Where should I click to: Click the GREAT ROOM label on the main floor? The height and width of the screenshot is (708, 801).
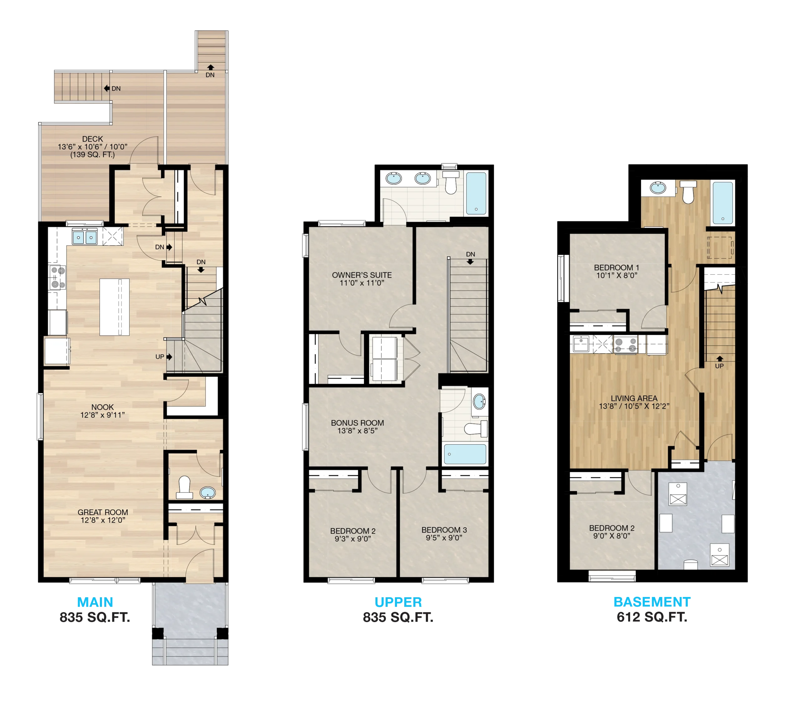[x=103, y=512]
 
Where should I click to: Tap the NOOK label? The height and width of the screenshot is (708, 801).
[x=103, y=407]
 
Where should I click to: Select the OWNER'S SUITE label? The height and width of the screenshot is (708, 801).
[x=362, y=275]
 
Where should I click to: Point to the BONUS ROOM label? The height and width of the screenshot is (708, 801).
[x=357, y=423]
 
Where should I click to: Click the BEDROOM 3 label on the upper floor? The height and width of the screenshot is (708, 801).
[x=444, y=530]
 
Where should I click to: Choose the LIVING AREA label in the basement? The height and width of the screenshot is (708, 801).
[x=634, y=398]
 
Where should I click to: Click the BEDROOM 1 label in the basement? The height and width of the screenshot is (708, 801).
[x=616, y=267]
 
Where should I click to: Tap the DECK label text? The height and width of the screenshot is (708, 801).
[x=93, y=139]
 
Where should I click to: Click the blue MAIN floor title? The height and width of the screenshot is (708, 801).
[x=95, y=602]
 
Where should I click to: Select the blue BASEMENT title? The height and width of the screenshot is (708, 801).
[x=652, y=602]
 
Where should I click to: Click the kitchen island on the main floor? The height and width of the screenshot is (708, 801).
[x=115, y=307]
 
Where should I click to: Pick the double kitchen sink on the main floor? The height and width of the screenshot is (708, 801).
[x=85, y=237]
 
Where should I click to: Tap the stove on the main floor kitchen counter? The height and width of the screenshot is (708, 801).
[x=57, y=278]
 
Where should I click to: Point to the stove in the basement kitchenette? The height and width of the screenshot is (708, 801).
[x=625, y=345]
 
